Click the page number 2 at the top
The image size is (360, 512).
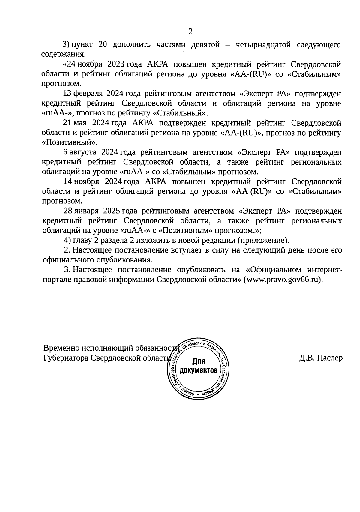click(x=190, y=31)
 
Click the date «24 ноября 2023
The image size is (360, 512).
click(x=93, y=64)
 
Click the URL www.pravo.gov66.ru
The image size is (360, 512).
click(x=283, y=280)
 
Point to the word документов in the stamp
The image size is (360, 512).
click(x=198, y=370)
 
